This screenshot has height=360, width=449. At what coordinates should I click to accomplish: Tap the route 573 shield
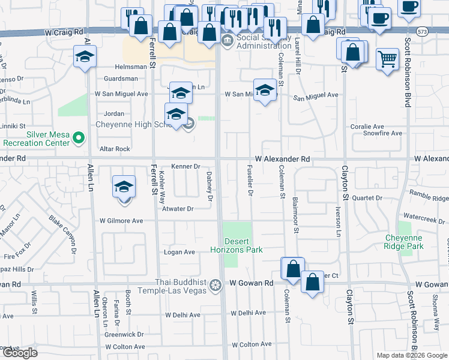tap(423, 31)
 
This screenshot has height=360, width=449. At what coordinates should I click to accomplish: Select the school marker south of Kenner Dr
tap(124, 187)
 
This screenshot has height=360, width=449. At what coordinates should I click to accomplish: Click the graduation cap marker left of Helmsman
tap(85, 58)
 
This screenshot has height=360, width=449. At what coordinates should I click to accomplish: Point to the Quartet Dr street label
tap(367, 197)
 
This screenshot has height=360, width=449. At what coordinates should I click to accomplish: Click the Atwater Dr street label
tap(178, 209)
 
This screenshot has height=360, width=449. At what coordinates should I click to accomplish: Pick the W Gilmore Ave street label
tap(121, 221)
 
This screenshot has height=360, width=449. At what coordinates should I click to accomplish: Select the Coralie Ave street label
tap(367, 127)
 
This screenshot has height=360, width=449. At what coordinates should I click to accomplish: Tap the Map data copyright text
tap(412, 355)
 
